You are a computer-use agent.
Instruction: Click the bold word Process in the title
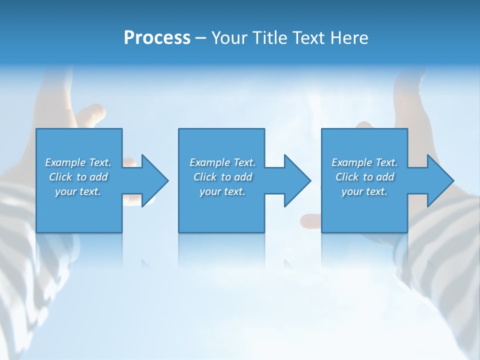pos(157,38)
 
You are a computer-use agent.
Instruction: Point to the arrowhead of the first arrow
pos(156,180)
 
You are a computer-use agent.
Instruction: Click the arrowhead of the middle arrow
pos(298,180)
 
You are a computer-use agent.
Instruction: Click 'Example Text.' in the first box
pos(78,162)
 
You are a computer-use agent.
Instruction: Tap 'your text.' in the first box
pos(78,191)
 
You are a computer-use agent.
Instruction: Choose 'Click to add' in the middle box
pos(222,177)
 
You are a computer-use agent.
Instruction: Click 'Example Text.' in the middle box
pos(222,162)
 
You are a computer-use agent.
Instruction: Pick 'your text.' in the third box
pos(364,191)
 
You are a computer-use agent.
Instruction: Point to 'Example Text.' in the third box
pos(364,162)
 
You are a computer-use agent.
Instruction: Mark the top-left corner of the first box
pos(37,129)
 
